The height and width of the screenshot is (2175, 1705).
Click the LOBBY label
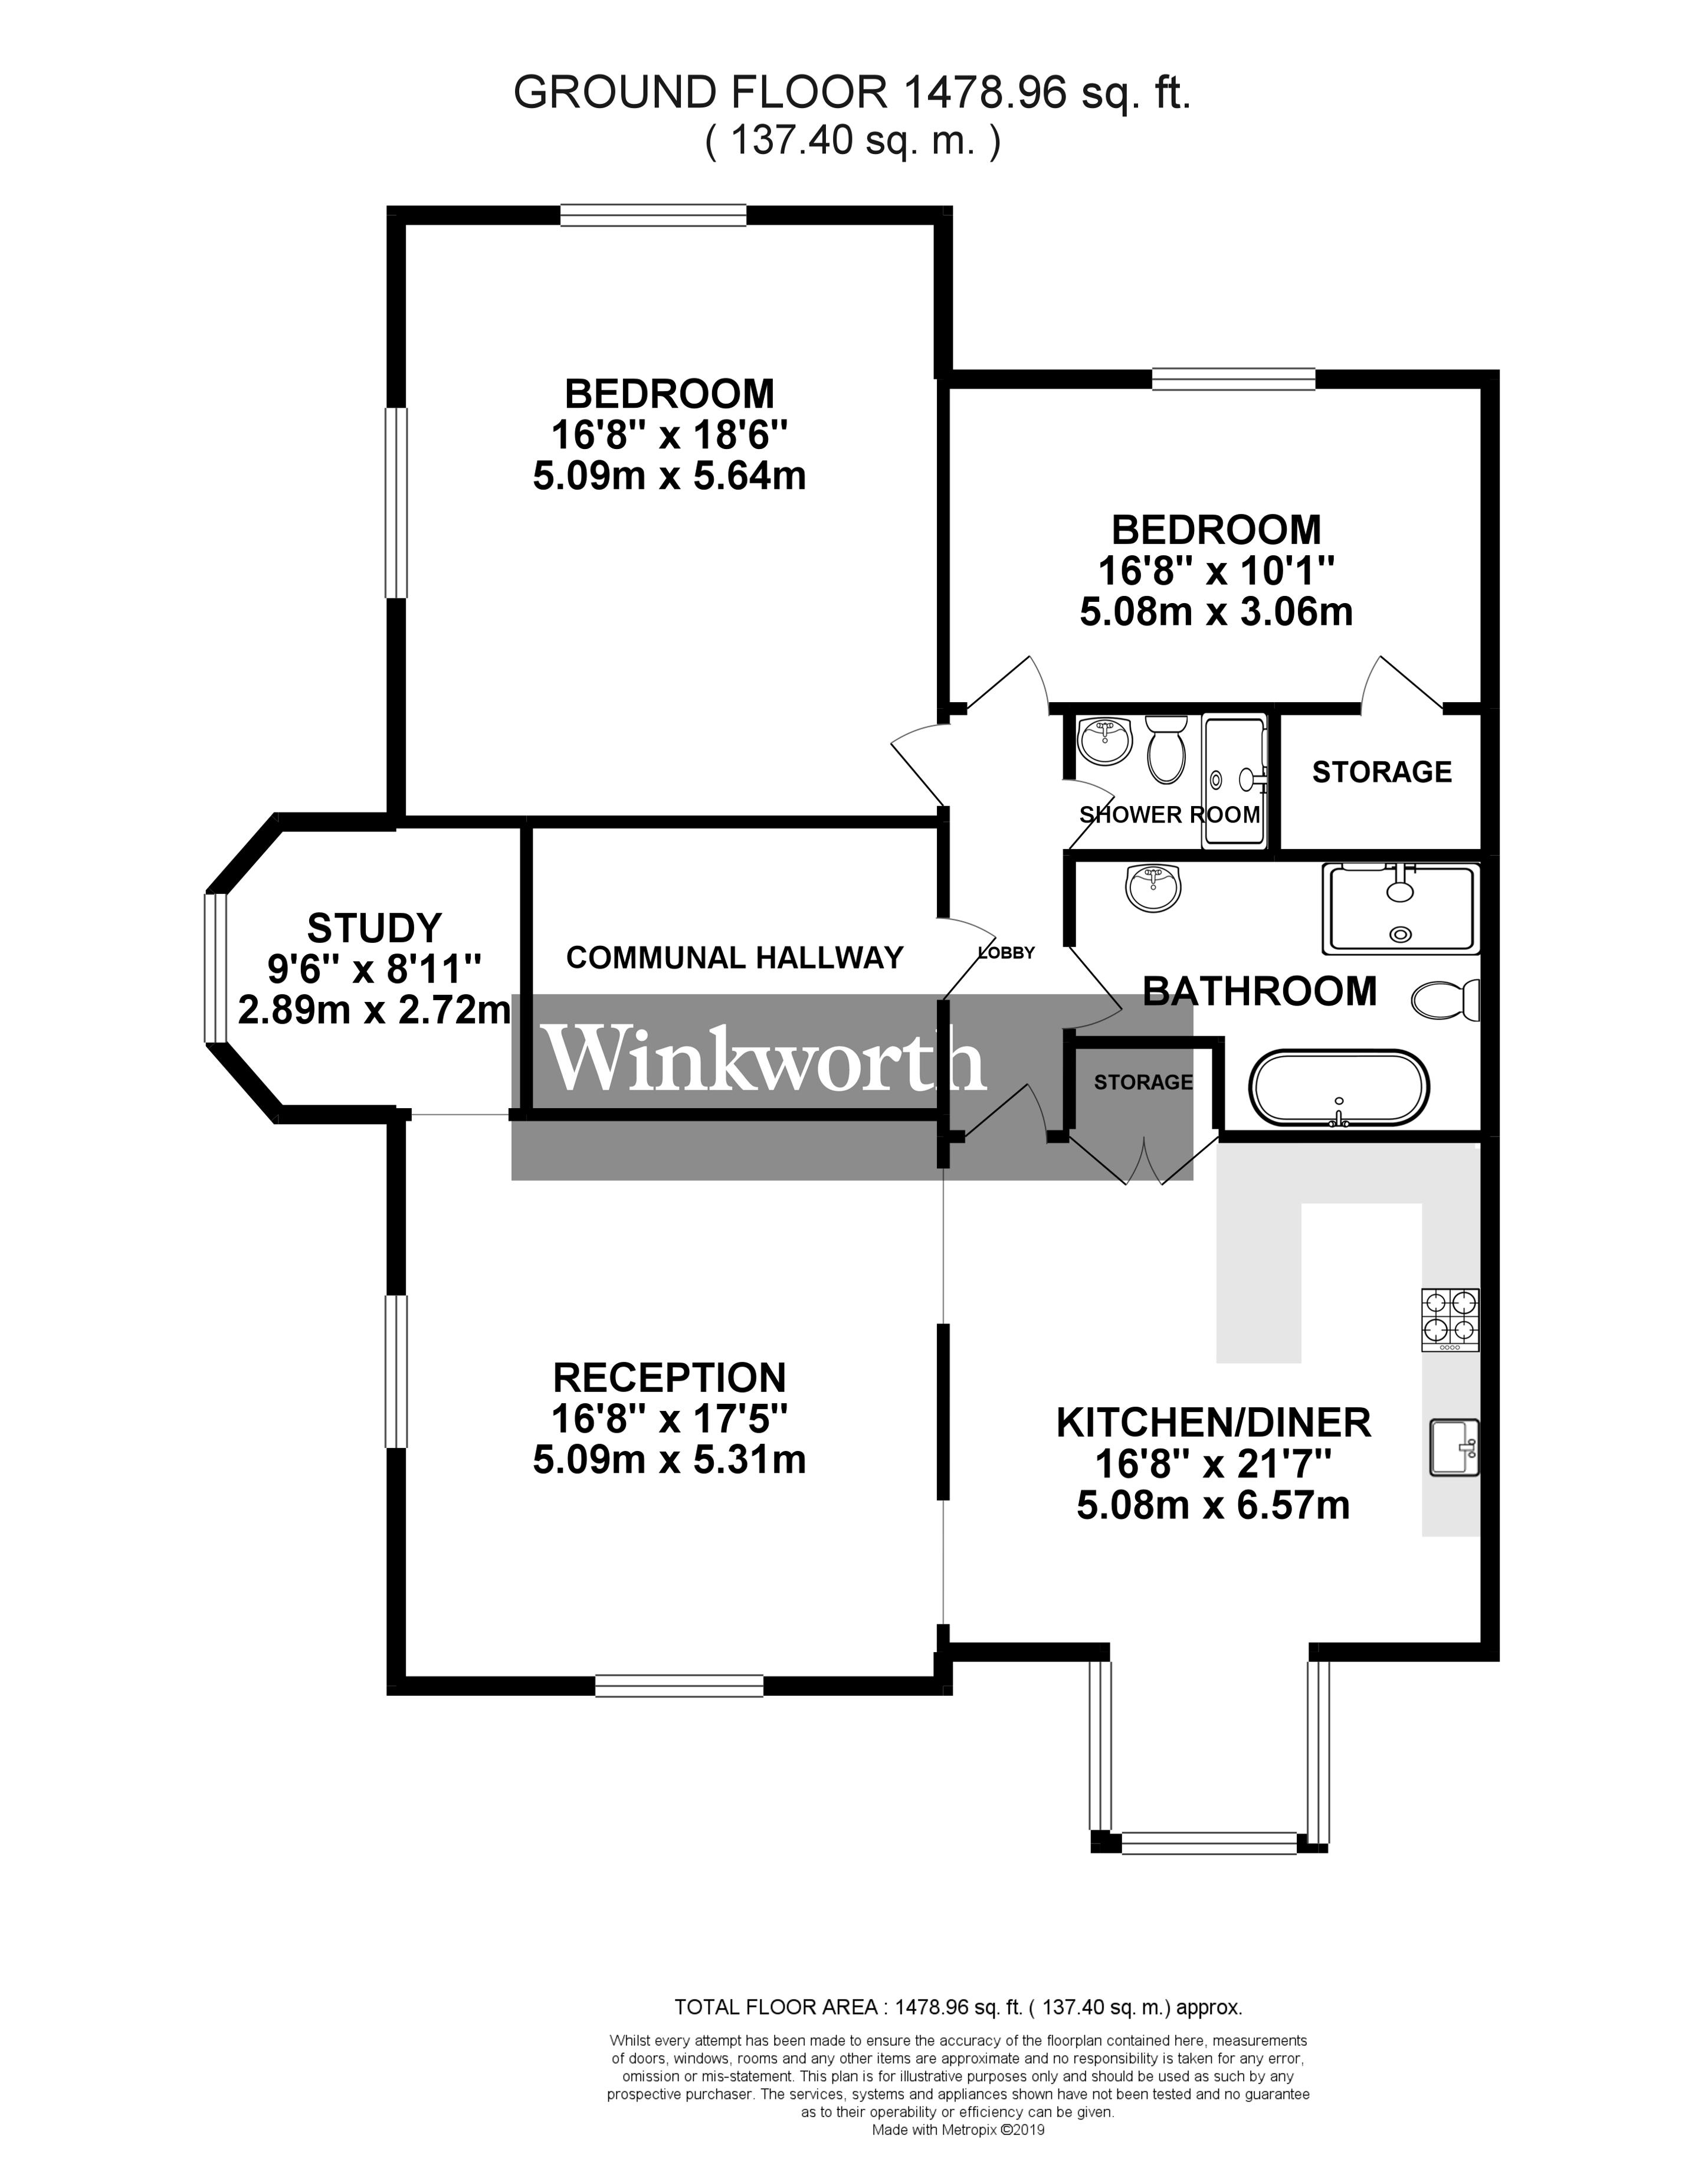(1006, 952)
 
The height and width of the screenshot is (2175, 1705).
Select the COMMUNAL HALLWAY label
(734, 958)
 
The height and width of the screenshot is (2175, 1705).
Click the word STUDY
(375, 928)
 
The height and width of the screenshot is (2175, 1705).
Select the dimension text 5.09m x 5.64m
(669, 476)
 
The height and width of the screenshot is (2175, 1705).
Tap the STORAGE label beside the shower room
(1382, 772)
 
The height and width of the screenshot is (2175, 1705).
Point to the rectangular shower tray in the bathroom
(1401, 908)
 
